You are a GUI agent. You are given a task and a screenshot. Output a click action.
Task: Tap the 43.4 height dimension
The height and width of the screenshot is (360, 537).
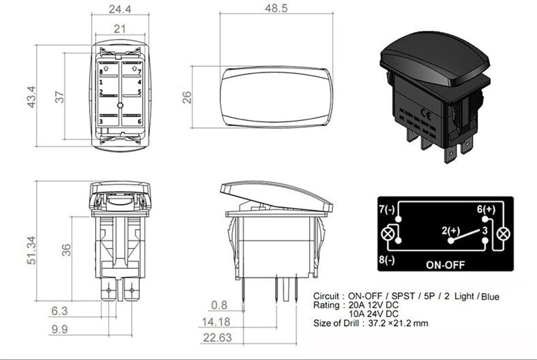(x=31, y=96)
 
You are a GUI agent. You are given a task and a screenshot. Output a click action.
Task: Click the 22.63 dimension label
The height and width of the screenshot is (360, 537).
(x=217, y=338)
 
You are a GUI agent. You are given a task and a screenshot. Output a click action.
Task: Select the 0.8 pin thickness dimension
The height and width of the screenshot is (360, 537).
(x=219, y=305)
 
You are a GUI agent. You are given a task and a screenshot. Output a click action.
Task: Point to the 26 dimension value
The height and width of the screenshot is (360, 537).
(x=187, y=97)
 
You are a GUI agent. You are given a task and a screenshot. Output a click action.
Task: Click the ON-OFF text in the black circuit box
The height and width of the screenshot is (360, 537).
(x=445, y=265)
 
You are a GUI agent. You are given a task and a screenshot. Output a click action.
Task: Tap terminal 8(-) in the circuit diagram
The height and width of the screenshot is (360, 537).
(x=387, y=260)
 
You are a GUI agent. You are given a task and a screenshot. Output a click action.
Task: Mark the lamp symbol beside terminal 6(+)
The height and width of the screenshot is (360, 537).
(x=503, y=234)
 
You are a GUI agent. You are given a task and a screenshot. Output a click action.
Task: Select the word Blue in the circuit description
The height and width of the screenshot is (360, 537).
(x=488, y=297)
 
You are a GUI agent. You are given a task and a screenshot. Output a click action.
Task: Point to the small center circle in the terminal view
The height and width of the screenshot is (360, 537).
(x=120, y=105)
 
